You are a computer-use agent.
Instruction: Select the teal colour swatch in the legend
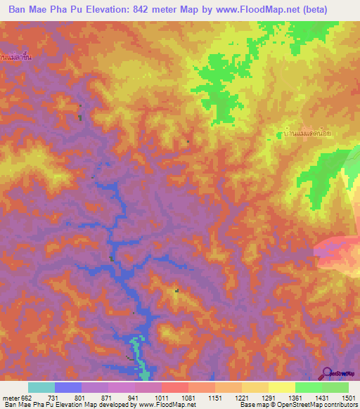(41, 387)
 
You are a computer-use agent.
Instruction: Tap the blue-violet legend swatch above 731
(68, 387)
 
